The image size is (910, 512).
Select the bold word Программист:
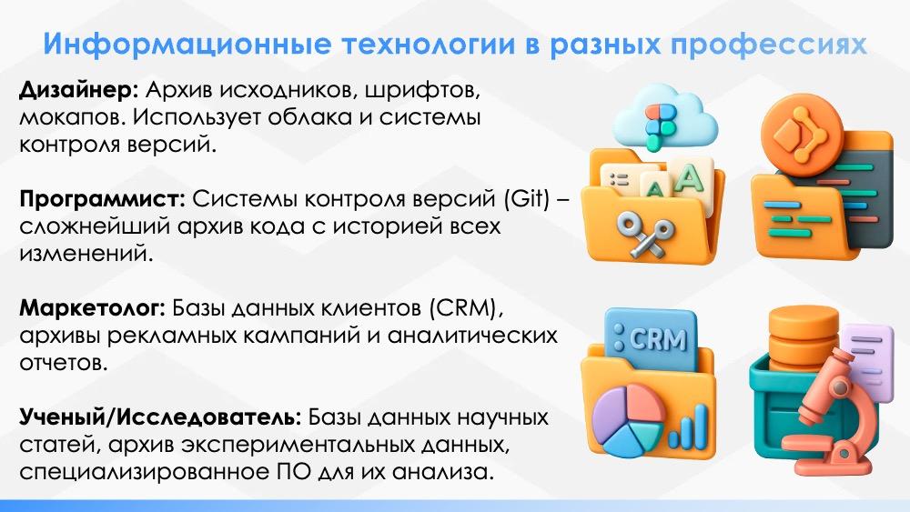102,199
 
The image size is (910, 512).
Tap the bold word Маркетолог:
92,308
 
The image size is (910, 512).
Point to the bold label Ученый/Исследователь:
160,417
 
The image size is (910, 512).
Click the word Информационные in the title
187,44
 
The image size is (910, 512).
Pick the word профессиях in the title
768,45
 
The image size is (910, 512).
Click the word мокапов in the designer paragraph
70,117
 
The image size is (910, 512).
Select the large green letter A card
691,179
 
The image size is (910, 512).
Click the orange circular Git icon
802,135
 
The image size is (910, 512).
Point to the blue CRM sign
651,339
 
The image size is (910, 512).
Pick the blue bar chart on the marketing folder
688,427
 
